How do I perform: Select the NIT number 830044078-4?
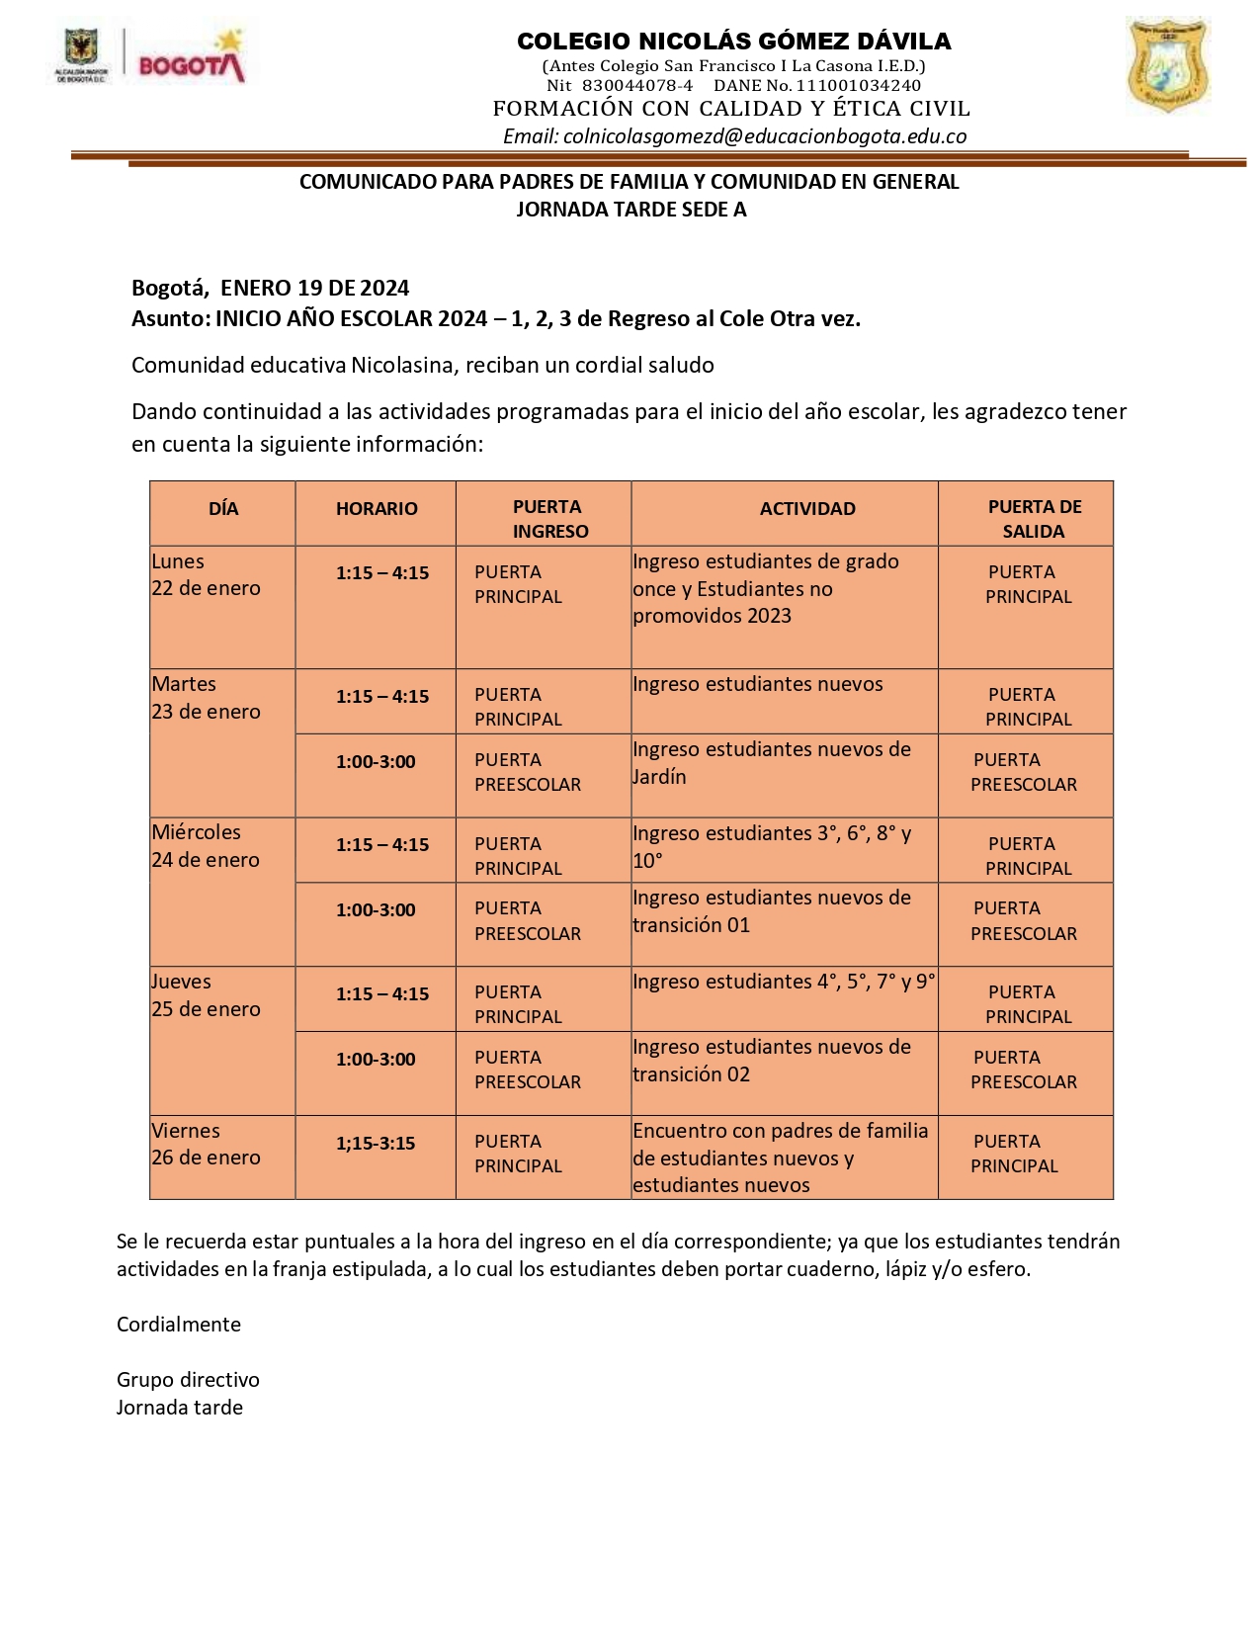(x=636, y=86)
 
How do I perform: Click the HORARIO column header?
(x=377, y=509)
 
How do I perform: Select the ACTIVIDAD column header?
(x=807, y=509)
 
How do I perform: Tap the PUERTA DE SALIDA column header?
(x=1034, y=519)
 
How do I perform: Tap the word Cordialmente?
(x=179, y=1325)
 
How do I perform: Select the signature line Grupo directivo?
(x=188, y=1380)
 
